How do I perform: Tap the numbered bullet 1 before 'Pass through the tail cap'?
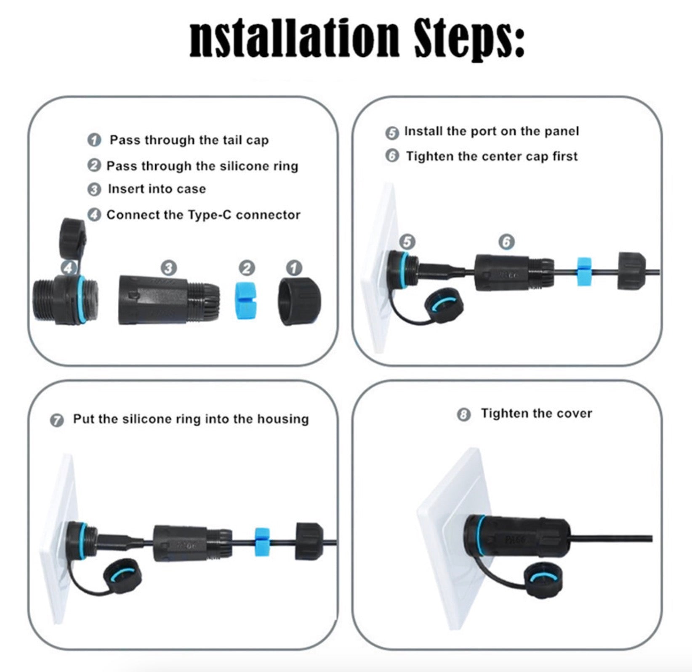pyautogui.click(x=94, y=140)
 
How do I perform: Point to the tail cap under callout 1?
pyautogui.click(x=299, y=301)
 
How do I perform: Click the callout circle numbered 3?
pyautogui.click(x=169, y=268)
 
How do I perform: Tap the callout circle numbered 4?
pyautogui.click(x=69, y=267)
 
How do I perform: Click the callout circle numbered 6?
pyautogui.click(x=507, y=242)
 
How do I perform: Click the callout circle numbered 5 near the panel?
pyautogui.click(x=407, y=242)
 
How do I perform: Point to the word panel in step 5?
pyautogui.click(x=562, y=131)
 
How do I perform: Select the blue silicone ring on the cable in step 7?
pyautogui.click(x=262, y=541)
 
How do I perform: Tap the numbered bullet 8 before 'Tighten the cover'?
pyautogui.click(x=463, y=415)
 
